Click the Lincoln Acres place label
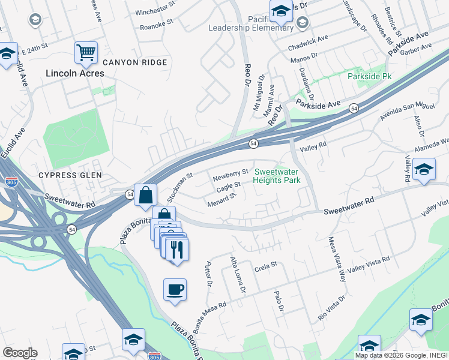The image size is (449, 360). [75, 73]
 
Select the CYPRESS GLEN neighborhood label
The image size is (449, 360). [70, 175]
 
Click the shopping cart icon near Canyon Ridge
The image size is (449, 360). [86, 52]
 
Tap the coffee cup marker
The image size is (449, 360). [175, 289]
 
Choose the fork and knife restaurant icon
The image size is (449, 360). [176, 249]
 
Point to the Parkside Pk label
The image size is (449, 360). [369, 77]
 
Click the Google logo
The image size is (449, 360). [20, 353]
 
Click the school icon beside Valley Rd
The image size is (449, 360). [423, 170]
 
